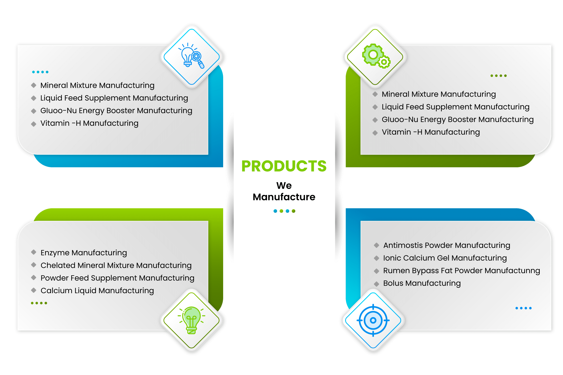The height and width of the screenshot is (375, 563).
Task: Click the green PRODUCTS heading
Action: [x=284, y=166]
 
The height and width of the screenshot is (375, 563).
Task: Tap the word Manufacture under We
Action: [x=284, y=197]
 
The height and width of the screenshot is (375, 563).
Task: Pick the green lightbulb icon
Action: [x=192, y=320]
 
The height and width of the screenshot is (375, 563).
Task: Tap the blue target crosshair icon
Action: [x=373, y=320]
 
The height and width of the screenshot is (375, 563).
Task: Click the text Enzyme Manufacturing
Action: [x=84, y=253]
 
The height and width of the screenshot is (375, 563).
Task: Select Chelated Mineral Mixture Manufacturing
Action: [x=116, y=265]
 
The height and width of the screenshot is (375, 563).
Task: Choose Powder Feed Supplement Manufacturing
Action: [x=118, y=278]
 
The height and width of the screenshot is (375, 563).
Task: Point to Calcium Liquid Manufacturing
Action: [x=97, y=291]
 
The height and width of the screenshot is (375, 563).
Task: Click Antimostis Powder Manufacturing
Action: [x=447, y=245]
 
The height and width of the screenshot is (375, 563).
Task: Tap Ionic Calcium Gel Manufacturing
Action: [x=445, y=258]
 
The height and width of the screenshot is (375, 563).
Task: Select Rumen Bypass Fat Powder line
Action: [x=462, y=271]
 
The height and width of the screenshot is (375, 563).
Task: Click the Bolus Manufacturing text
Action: [x=422, y=283]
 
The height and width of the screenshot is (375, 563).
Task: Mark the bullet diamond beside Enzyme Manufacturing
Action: [x=34, y=252]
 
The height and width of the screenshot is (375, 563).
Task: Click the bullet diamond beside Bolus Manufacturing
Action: [x=376, y=284]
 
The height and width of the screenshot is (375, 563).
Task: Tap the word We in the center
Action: [x=284, y=185]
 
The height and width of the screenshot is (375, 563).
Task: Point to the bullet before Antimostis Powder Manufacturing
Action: [x=376, y=245]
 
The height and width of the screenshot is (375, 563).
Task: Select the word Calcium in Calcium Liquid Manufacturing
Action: [x=57, y=291]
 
